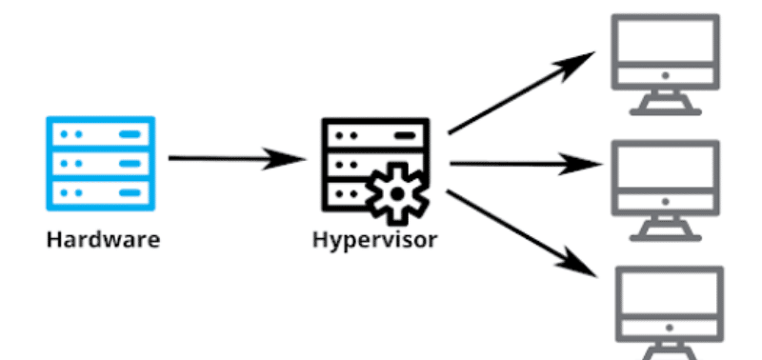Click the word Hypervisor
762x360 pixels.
tap(374, 238)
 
